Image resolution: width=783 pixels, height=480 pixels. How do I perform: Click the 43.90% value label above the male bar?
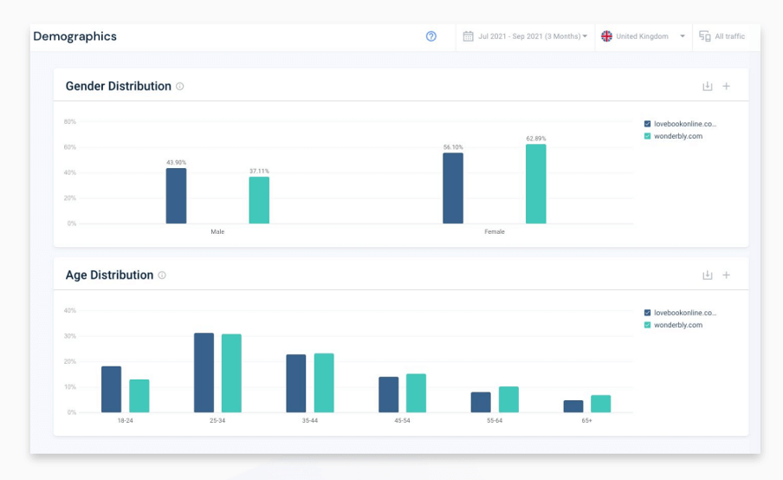click(x=176, y=162)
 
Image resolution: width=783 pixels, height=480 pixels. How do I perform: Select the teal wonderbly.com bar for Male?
click(x=259, y=200)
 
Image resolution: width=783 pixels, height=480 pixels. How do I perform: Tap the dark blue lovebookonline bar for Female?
click(x=452, y=188)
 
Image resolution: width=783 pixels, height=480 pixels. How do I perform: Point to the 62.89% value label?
click(x=536, y=139)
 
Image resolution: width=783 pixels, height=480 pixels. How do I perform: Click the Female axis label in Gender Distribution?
click(x=495, y=232)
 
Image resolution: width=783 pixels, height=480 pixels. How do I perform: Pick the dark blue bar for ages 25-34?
click(x=204, y=373)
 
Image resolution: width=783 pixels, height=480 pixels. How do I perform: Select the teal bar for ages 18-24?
click(x=139, y=396)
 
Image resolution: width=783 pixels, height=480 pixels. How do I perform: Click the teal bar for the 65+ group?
click(x=600, y=404)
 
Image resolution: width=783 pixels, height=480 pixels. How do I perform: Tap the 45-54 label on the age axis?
click(x=402, y=420)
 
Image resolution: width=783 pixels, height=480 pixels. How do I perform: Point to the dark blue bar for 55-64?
click(x=481, y=402)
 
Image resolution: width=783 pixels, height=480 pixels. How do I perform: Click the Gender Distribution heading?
click(x=118, y=87)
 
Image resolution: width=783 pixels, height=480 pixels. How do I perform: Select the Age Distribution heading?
click(x=109, y=276)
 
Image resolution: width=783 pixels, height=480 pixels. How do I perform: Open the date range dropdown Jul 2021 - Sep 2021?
click(x=525, y=36)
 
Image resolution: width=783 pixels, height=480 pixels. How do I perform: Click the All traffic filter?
click(x=722, y=36)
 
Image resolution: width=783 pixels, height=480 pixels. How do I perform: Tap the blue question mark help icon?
click(x=431, y=36)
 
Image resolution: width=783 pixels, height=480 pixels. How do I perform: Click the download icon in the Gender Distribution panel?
click(x=707, y=87)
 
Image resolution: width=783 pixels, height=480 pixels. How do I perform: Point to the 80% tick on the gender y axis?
click(x=69, y=122)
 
